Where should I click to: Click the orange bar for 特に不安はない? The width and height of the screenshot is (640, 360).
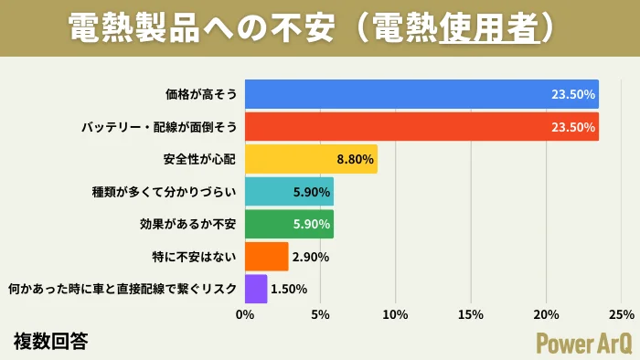coord(266,257)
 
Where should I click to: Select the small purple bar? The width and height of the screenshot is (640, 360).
coord(256,289)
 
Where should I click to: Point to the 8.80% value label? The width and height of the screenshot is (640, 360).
coord(356,159)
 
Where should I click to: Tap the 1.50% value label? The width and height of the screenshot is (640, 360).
coord(289,290)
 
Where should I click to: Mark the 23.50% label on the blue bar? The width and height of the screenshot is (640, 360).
coord(573,94)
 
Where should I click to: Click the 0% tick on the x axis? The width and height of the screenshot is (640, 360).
coord(245,315)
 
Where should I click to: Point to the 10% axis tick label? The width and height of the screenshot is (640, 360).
coord(395,315)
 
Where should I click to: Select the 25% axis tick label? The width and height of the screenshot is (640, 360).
coord(621,315)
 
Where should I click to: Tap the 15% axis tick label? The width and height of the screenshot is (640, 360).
coord(470,315)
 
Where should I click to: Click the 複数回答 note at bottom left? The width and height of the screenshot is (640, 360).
coord(51,341)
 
